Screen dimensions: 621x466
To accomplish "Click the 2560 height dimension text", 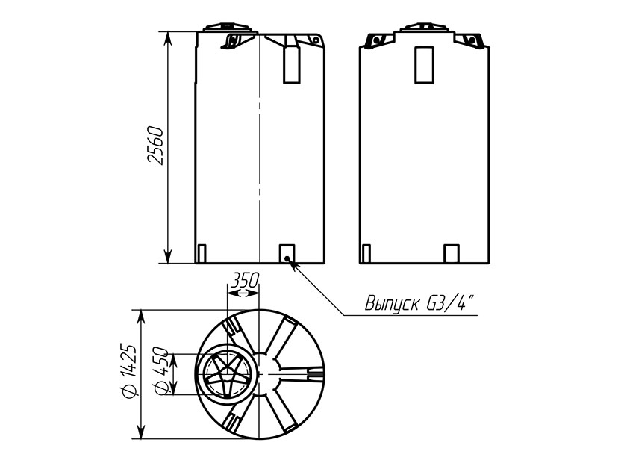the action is coord(155,146).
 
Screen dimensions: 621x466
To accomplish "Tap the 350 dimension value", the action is coord(245,280).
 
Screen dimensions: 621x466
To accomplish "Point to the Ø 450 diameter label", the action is coord(161,371).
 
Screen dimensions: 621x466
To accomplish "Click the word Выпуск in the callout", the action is coord(392,303).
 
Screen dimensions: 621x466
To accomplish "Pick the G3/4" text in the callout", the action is coord(450,303).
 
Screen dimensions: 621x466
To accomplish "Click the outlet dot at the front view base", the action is coord(287,258).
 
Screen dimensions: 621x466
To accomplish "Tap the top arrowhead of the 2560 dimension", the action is coord(168,38).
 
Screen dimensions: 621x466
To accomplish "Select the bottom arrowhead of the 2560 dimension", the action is coord(168,256).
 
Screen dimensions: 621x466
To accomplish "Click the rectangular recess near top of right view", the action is coord(424,65).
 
